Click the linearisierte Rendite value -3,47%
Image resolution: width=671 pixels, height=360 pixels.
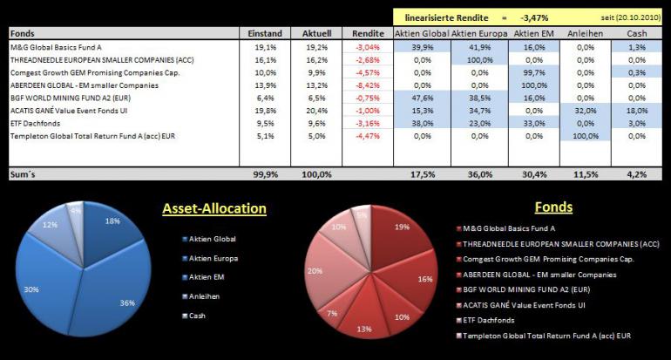pos(534,18)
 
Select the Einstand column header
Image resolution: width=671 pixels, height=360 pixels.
pos(265,33)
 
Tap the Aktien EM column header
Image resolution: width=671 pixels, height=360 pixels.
pos(533,33)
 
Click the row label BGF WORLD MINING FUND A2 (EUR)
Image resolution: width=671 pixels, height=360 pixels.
pos(71,98)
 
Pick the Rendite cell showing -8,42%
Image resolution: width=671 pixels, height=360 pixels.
pos(368,85)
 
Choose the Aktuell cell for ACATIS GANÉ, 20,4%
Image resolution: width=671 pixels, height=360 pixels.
pos(316,111)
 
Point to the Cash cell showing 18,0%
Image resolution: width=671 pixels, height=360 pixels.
pos(637,111)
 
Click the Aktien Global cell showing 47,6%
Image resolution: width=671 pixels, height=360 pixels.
pos(423,98)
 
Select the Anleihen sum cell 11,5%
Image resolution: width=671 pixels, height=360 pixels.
pos(586,174)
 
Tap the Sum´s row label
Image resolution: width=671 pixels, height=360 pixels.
pos(23,174)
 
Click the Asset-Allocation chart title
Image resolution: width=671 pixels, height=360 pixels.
pos(214,208)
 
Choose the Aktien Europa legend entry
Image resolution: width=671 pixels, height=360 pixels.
pos(210,258)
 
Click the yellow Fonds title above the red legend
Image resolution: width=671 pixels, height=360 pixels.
pos(553,207)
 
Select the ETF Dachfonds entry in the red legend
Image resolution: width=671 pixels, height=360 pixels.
pos(485,320)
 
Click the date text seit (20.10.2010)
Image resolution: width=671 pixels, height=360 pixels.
pos(630,18)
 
